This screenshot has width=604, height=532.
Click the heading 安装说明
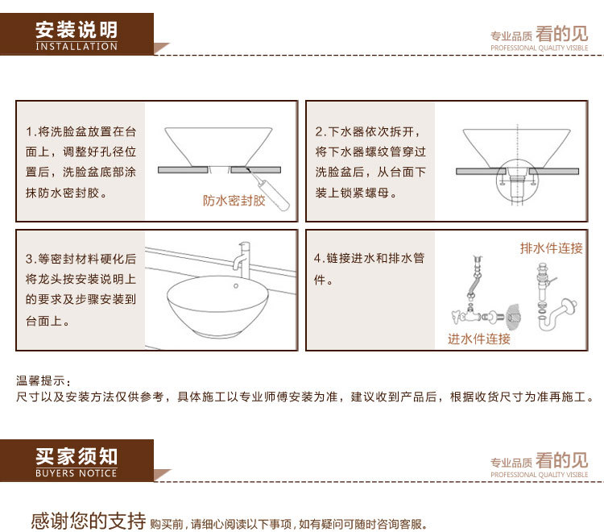pyautogui.click(x=77, y=30)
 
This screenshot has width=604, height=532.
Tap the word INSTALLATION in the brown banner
pyautogui.click(x=77, y=46)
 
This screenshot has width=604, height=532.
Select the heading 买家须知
pyautogui.click(x=77, y=456)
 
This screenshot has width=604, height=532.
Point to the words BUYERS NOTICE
pyautogui.click(x=76, y=473)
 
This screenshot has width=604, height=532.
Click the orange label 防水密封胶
pyautogui.click(x=234, y=201)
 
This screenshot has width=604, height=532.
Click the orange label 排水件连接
pyautogui.click(x=551, y=248)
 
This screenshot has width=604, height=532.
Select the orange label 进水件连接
pyautogui.click(x=479, y=339)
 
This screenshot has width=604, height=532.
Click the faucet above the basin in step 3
pyautogui.click(x=242, y=260)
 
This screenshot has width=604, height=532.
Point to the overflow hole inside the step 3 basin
pyautogui.click(x=236, y=285)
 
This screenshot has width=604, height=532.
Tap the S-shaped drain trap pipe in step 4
pyautogui.click(x=556, y=314)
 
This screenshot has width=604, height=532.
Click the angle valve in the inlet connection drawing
pyautogui.click(x=466, y=315)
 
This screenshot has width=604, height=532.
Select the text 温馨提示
pyautogui.click(x=41, y=380)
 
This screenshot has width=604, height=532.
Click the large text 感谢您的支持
pyautogui.click(x=89, y=521)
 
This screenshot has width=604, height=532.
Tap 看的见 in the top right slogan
pyautogui.click(x=561, y=34)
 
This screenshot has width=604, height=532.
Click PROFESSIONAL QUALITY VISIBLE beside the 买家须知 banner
pyautogui.click(x=540, y=475)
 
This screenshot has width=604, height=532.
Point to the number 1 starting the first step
pyautogui.click(x=29, y=132)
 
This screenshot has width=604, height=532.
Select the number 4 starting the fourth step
pyautogui.click(x=317, y=257)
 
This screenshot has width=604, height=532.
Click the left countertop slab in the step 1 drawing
pyautogui.click(x=183, y=169)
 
